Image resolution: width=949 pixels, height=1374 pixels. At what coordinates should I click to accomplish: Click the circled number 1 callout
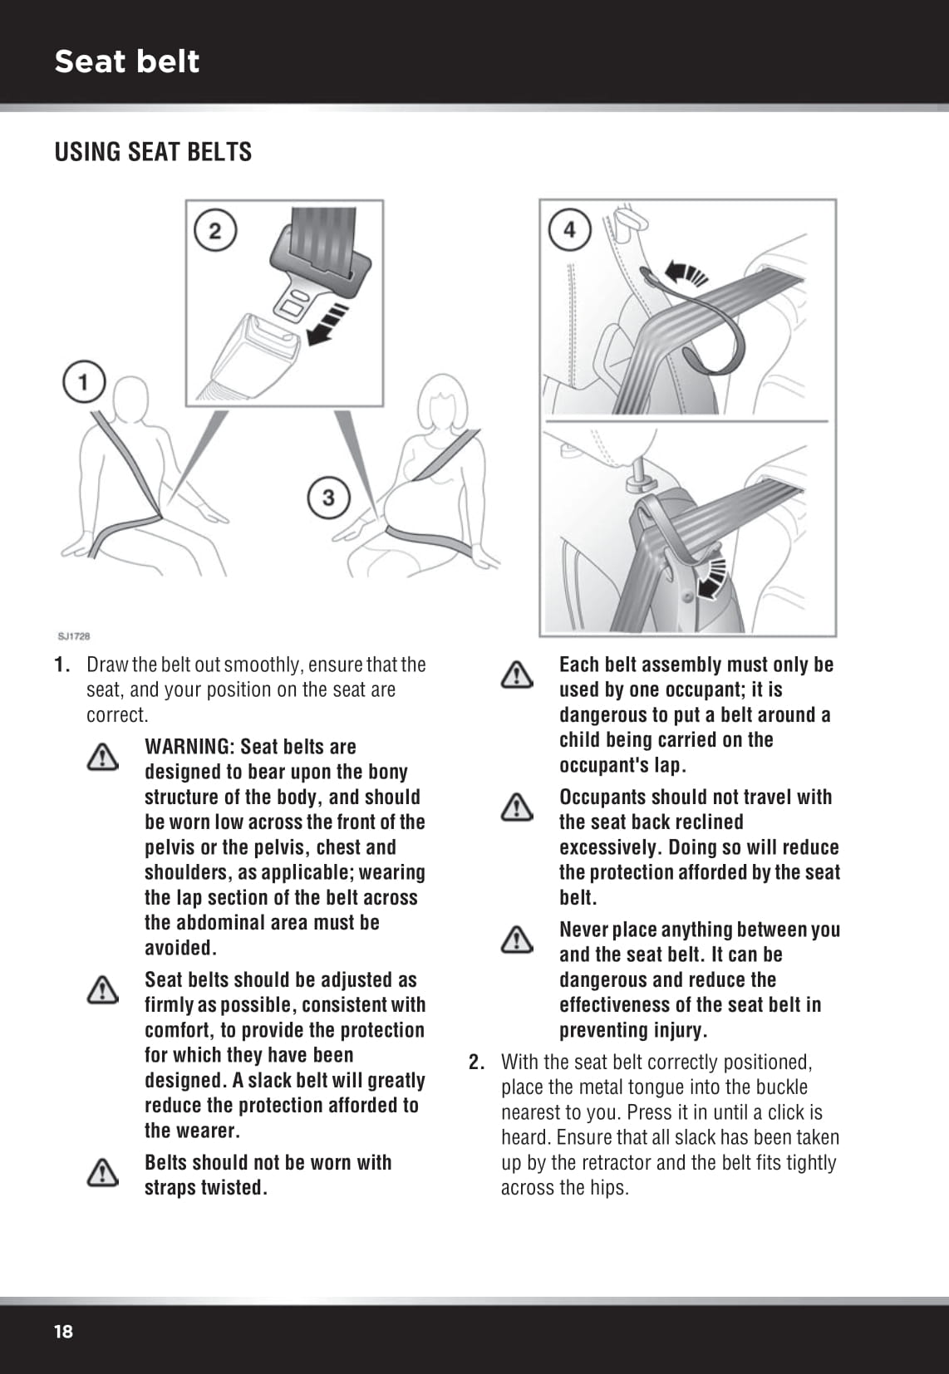point(83,382)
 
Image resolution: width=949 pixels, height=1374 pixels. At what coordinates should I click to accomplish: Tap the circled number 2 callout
point(215,230)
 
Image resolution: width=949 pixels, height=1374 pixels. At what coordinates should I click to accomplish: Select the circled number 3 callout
point(328,497)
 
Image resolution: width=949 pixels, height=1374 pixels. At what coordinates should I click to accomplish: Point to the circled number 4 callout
point(569,230)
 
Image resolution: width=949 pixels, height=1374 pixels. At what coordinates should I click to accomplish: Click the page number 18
point(63,1331)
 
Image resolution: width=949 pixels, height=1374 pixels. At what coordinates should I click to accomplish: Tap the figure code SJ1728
point(74,636)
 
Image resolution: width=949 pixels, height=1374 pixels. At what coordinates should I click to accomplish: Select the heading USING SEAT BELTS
point(153,152)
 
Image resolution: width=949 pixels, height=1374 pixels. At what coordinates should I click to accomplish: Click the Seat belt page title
point(126,61)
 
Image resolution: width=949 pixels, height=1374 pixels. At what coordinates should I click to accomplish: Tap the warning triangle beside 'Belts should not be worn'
point(102,1172)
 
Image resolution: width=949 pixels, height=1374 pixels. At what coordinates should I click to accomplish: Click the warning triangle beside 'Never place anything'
point(517,940)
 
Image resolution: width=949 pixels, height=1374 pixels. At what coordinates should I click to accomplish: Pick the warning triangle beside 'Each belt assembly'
point(517,675)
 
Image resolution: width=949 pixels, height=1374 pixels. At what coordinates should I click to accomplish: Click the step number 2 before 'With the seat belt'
point(476,1062)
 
